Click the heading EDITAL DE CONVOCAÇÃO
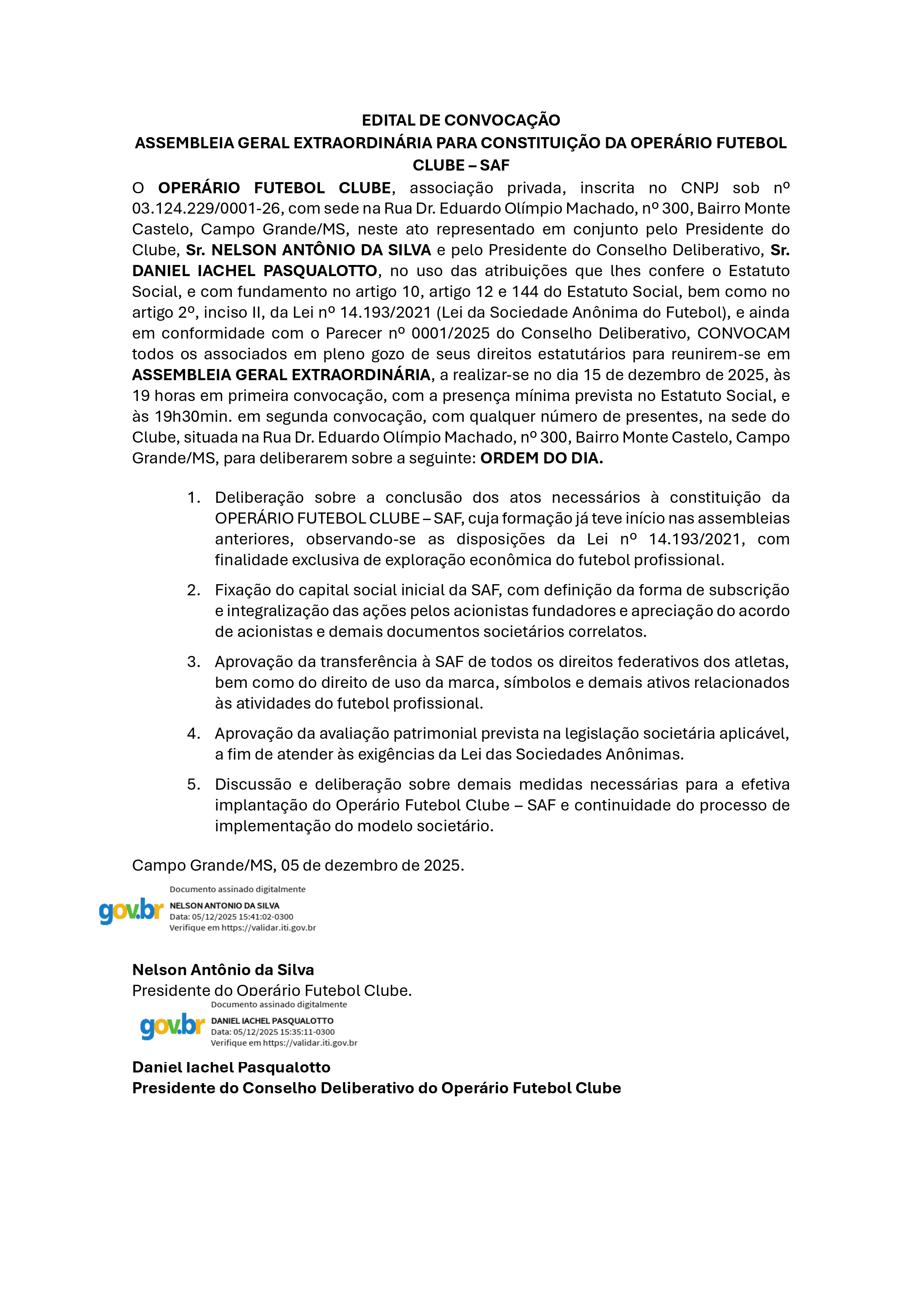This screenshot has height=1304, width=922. [461, 120]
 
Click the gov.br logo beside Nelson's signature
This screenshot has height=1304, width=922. [131, 910]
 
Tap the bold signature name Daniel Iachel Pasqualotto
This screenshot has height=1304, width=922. [231, 1067]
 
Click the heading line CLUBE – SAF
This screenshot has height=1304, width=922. [461, 165]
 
